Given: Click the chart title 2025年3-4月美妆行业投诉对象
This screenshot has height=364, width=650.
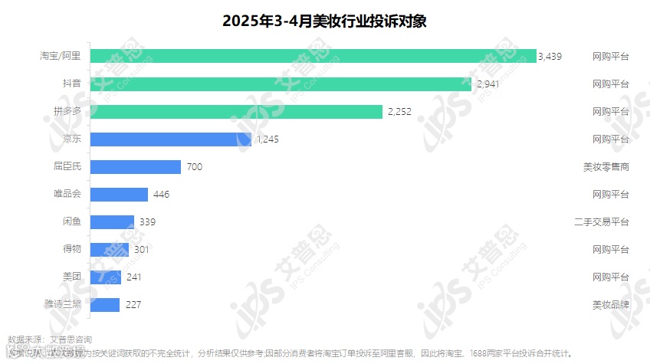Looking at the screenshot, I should pyautogui.click(x=324, y=21).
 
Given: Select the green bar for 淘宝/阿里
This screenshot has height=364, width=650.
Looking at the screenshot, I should pyautogui.click(x=314, y=56).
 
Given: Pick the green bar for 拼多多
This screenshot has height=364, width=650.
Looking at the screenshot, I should pyautogui.click(x=236, y=112).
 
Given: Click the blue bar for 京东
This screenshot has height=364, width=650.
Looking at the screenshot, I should pyautogui.click(x=171, y=139).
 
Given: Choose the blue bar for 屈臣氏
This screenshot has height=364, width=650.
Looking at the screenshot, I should pyautogui.click(x=136, y=167).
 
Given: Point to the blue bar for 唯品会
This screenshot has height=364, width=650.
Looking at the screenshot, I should pyautogui.click(x=119, y=195).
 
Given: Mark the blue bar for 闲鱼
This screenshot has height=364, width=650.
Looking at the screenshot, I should pyautogui.click(x=112, y=222).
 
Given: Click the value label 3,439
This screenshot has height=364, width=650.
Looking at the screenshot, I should pyautogui.click(x=550, y=56).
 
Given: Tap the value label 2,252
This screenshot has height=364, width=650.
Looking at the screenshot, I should pyautogui.click(x=399, y=112).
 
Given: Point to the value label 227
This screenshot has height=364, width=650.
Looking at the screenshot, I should pyautogui.click(x=133, y=305).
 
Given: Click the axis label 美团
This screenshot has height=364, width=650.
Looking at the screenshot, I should pyautogui.click(x=72, y=277).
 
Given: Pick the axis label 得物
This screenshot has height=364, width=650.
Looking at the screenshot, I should pyautogui.click(x=72, y=249).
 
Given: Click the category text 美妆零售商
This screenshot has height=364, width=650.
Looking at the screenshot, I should pyautogui.click(x=606, y=167).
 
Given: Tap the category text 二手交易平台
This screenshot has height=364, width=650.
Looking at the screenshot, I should pyautogui.click(x=602, y=222).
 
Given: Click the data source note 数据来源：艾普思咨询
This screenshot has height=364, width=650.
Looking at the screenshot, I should pyautogui.click(x=50, y=339).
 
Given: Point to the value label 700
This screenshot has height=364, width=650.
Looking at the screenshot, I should pyautogui.click(x=194, y=167).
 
